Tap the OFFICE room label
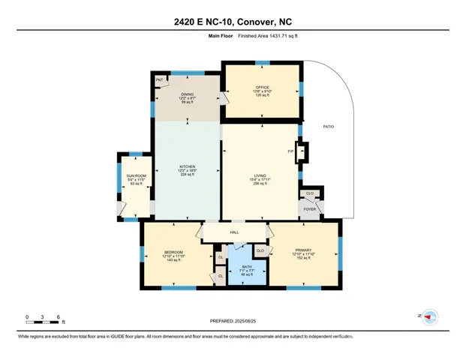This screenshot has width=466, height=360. click(x=262, y=87)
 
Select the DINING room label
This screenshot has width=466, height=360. click(x=187, y=94)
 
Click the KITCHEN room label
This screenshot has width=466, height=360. click(x=187, y=166)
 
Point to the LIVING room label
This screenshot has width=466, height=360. click(x=258, y=178)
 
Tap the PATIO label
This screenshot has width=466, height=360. click(x=329, y=126)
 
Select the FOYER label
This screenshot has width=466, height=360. click(x=309, y=209)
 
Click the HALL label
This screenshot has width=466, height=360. click(x=234, y=232)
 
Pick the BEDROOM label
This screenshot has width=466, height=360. click(x=173, y=251)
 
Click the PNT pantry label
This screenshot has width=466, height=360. click(x=160, y=79)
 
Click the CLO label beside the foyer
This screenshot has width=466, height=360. click(x=311, y=193)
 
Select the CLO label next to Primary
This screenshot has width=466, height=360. click(x=260, y=250)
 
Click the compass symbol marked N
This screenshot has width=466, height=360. click(x=429, y=317)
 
